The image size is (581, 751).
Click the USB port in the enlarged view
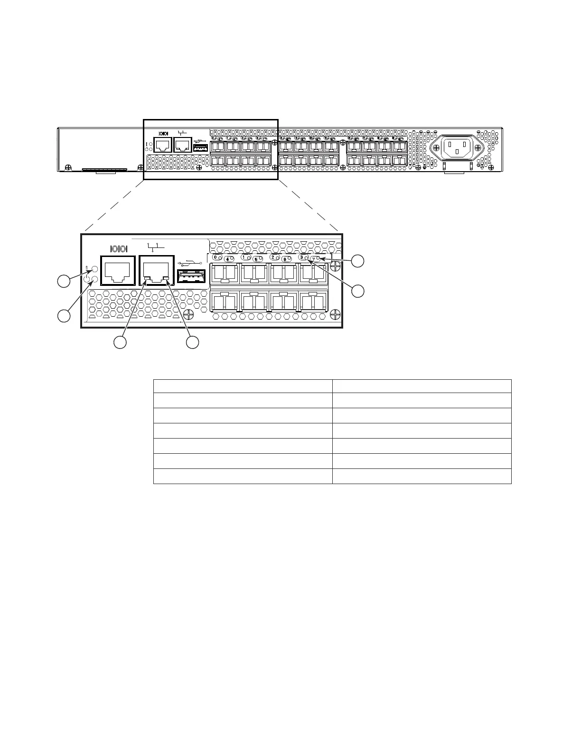(x=191, y=276)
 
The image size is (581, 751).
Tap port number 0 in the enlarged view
(x=216, y=257)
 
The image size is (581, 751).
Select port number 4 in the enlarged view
(x=228, y=259)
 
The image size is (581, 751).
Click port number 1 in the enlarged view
(x=244, y=257)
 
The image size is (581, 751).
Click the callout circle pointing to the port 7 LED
(x=358, y=260)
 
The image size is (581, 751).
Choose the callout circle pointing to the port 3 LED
(x=358, y=291)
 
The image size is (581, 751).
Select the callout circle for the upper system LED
(x=64, y=281)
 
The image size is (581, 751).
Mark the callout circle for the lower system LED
(x=64, y=316)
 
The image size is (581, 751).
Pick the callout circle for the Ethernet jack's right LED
(x=192, y=342)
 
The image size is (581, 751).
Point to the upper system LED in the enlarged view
(x=94, y=269)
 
